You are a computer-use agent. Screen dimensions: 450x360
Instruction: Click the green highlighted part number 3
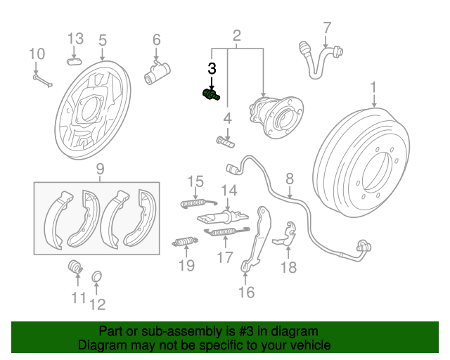[x=211, y=95]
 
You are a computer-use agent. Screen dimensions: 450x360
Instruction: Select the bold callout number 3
[x=212, y=69]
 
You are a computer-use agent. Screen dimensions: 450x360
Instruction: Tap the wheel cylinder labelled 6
[x=157, y=73]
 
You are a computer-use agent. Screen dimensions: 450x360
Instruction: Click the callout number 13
[x=75, y=39]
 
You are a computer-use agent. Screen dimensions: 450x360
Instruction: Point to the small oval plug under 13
[x=75, y=61]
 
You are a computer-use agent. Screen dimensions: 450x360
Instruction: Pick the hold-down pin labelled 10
[x=43, y=81]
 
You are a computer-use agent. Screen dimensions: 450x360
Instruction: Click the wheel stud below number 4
[x=225, y=142]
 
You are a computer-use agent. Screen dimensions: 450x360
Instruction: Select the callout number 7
[x=327, y=28]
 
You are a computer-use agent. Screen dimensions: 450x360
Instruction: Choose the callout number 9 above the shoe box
[x=100, y=169]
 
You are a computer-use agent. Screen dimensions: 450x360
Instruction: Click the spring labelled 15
[x=198, y=203]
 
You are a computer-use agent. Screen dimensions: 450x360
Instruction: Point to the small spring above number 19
[x=185, y=242]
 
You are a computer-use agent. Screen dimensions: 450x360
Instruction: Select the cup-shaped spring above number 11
[x=75, y=266]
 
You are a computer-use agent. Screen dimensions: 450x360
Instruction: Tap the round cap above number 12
[x=97, y=276]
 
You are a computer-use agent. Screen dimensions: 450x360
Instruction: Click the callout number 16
[x=246, y=292]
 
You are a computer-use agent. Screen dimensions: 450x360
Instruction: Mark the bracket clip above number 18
[x=285, y=234]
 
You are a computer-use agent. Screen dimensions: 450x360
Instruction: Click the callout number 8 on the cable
[x=290, y=179]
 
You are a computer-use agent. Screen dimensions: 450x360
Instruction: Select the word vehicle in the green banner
[x=309, y=345]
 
